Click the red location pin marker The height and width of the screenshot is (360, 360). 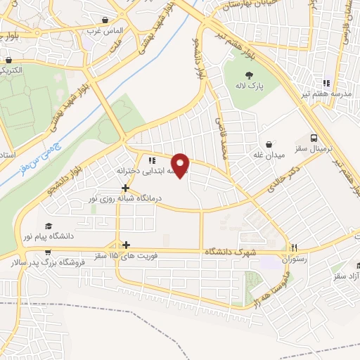tap(181, 165)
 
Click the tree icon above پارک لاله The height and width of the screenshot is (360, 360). tap(247, 75)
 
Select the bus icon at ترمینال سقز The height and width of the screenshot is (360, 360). tap(314, 139)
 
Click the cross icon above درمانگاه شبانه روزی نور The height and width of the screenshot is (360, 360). tap(125, 188)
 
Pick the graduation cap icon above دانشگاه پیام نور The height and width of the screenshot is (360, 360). tap(49, 226)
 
